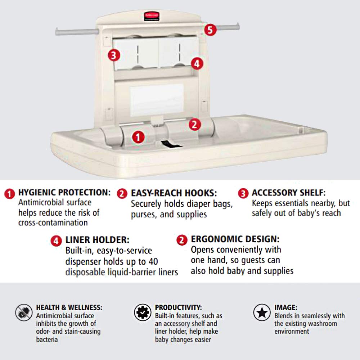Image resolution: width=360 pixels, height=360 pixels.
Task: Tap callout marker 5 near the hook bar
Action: (211, 30)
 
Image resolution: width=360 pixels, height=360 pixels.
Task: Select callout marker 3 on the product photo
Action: (113, 55)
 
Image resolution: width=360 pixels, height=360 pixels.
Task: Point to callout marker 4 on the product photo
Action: (196, 64)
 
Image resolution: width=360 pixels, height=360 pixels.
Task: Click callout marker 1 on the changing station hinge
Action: (139, 136)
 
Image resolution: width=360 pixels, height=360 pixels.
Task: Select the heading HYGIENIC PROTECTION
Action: (64, 193)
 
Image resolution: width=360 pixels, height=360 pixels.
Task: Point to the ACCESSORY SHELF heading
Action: (288, 193)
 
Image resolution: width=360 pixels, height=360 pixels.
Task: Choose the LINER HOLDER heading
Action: (97, 240)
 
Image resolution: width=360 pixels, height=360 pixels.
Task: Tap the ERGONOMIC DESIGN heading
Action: (235, 239)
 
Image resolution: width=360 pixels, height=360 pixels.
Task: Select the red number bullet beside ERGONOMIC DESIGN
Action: (182, 240)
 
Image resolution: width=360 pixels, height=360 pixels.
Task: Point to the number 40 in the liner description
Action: (153, 261)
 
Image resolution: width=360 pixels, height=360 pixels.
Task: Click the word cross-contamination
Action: (53, 222)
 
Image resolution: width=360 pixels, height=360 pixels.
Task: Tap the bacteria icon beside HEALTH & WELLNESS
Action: (24, 312)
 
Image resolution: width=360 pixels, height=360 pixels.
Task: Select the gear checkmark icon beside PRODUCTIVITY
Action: (143, 312)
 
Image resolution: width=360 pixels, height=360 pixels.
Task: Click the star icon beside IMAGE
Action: (262, 312)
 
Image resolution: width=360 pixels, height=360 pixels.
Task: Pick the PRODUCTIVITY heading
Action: (178, 307)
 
